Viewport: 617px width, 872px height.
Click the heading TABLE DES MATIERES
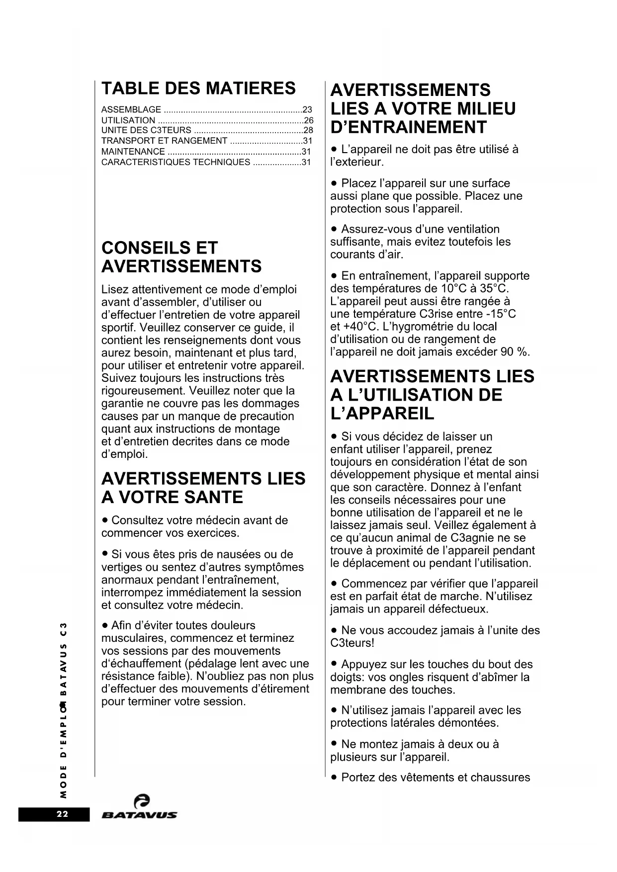(x=198, y=88)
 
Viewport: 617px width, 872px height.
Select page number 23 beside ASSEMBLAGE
(x=307, y=109)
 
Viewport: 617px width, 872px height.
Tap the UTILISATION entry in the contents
(x=128, y=120)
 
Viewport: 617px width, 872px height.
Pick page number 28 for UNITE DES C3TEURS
(x=308, y=130)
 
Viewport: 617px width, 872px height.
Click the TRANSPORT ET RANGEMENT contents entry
(x=164, y=141)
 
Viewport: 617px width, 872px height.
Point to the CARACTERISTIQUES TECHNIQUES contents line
(x=176, y=162)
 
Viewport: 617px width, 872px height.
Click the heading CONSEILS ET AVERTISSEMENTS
(x=181, y=257)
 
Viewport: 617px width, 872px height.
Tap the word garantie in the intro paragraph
(x=122, y=403)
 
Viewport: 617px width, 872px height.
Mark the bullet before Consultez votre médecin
(x=105, y=521)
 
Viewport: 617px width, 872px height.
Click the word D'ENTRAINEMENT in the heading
(x=408, y=127)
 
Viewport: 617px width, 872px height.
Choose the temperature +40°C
(x=348, y=327)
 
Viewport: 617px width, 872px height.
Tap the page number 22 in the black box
(x=62, y=814)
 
